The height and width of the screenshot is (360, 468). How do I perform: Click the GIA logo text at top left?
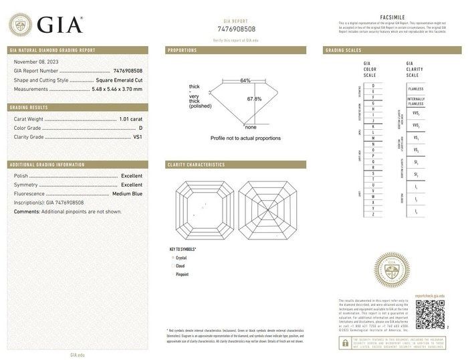pos(60,25)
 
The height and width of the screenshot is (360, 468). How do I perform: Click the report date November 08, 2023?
pos(38,62)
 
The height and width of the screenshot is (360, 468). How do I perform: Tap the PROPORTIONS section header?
pos(182,50)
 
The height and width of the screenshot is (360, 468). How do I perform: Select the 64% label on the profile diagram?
pos(245,81)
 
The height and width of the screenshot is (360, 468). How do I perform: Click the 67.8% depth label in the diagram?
pos(254,99)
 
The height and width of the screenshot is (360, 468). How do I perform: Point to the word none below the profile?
pos(251,127)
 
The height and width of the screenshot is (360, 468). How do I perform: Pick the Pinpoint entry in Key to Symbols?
pos(183,274)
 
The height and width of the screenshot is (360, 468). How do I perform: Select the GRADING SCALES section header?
pos(344,50)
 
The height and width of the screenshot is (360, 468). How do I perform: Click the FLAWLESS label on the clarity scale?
pos(417,88)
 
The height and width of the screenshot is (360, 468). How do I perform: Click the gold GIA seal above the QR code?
pos(391,270)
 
